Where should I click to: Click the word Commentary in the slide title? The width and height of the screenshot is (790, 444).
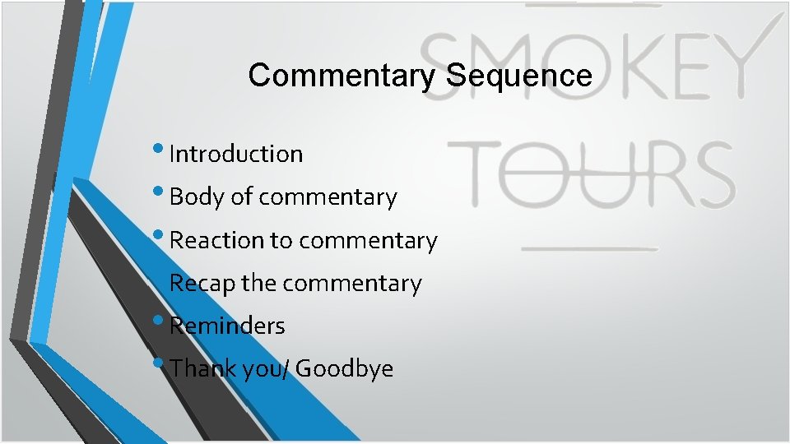point(342,76)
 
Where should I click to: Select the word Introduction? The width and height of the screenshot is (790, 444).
point(236,154)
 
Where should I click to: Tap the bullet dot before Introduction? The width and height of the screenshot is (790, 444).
point(159,149)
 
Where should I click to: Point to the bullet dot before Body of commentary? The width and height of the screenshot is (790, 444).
point(159,192)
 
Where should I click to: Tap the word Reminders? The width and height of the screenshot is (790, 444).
point(227,326)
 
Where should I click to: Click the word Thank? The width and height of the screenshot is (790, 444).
point(202,368)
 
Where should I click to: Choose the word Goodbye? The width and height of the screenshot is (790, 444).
point(344,368)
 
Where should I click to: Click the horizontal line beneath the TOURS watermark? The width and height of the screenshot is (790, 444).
point(590,247)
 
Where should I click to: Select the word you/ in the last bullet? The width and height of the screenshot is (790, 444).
point(265,369)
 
